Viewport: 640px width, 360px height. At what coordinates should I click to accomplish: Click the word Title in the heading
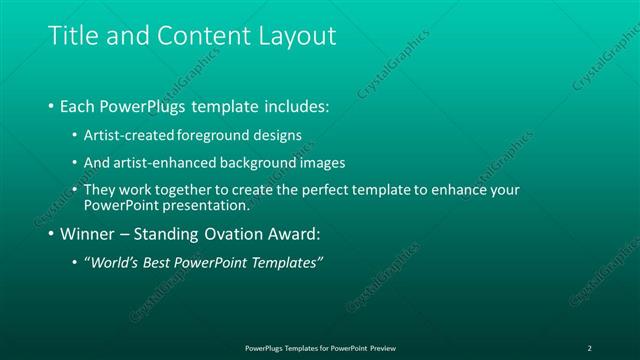point(73,36)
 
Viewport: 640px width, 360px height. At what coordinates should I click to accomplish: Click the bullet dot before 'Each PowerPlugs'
point(52,105)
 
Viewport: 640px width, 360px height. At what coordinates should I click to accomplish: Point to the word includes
point(296,105)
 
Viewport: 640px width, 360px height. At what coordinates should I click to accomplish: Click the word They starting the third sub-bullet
point(100,190)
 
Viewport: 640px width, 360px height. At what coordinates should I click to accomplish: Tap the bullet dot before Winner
point(52,235)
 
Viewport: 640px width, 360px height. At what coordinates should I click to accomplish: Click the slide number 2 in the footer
point(590,347)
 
